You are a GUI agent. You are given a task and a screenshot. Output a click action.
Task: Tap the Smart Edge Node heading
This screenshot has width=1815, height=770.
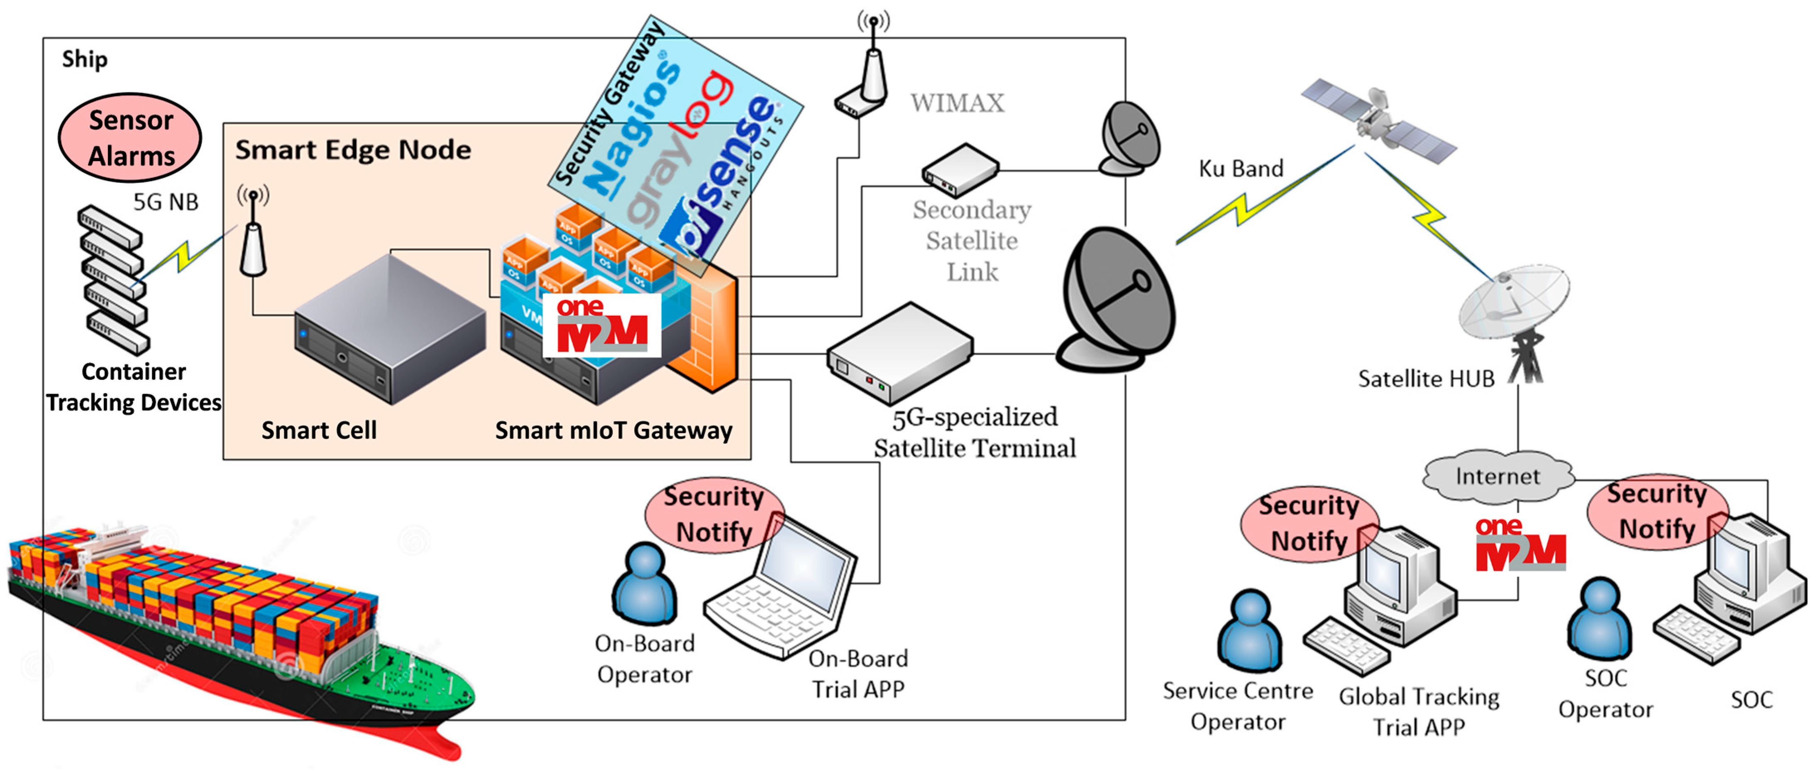point(352,150)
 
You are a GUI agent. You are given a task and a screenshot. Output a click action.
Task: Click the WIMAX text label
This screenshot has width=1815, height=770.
point(957,103)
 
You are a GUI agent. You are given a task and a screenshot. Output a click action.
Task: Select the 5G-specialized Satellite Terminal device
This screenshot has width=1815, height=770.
point(900,352)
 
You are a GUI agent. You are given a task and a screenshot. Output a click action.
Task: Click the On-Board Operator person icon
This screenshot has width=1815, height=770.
point(644,585)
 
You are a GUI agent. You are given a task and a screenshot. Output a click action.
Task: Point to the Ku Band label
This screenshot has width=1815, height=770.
point(1241,169)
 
